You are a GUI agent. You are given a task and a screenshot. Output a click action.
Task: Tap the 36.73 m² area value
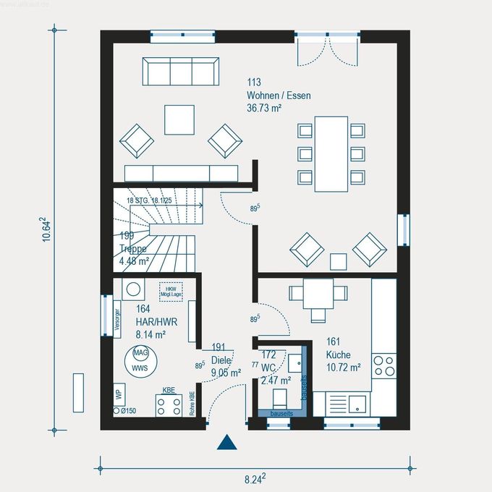tap(264, 108)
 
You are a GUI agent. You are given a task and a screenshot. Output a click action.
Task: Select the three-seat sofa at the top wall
tap(181, 72)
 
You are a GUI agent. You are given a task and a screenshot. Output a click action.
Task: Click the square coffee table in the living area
tap(179, 119)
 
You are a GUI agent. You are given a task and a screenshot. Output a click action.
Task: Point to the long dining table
tap(331, 153)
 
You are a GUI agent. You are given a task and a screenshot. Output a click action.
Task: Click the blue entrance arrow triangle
tap(227, 442)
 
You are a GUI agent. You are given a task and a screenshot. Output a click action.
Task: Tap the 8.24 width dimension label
tap(254, 478)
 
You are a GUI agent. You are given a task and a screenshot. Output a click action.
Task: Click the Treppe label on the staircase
tap(133, 249)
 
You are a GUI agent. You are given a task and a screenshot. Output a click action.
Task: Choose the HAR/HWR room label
tap(151, 322)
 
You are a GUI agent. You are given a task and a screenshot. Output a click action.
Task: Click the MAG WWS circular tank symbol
tap(140, 360)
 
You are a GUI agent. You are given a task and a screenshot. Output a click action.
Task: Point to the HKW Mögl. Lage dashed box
tap(171, 291)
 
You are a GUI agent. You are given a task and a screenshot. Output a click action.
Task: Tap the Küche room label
tap(338, 355)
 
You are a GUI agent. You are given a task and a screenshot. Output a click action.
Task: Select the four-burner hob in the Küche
tap(384, 364)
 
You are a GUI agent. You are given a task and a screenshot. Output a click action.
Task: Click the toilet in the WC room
tap(279, 398)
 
